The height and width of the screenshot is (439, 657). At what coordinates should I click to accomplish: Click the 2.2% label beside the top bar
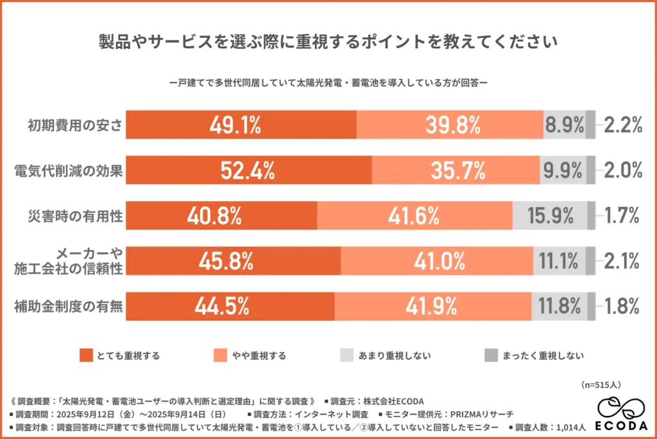[x=623, y=125]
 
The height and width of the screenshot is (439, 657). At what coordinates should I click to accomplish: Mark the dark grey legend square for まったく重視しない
[x=490, y=355]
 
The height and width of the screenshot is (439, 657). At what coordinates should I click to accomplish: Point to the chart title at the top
[x=328, y=42]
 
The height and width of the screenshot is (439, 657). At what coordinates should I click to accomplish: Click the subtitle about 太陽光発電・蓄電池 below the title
[x=328, y=82]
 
